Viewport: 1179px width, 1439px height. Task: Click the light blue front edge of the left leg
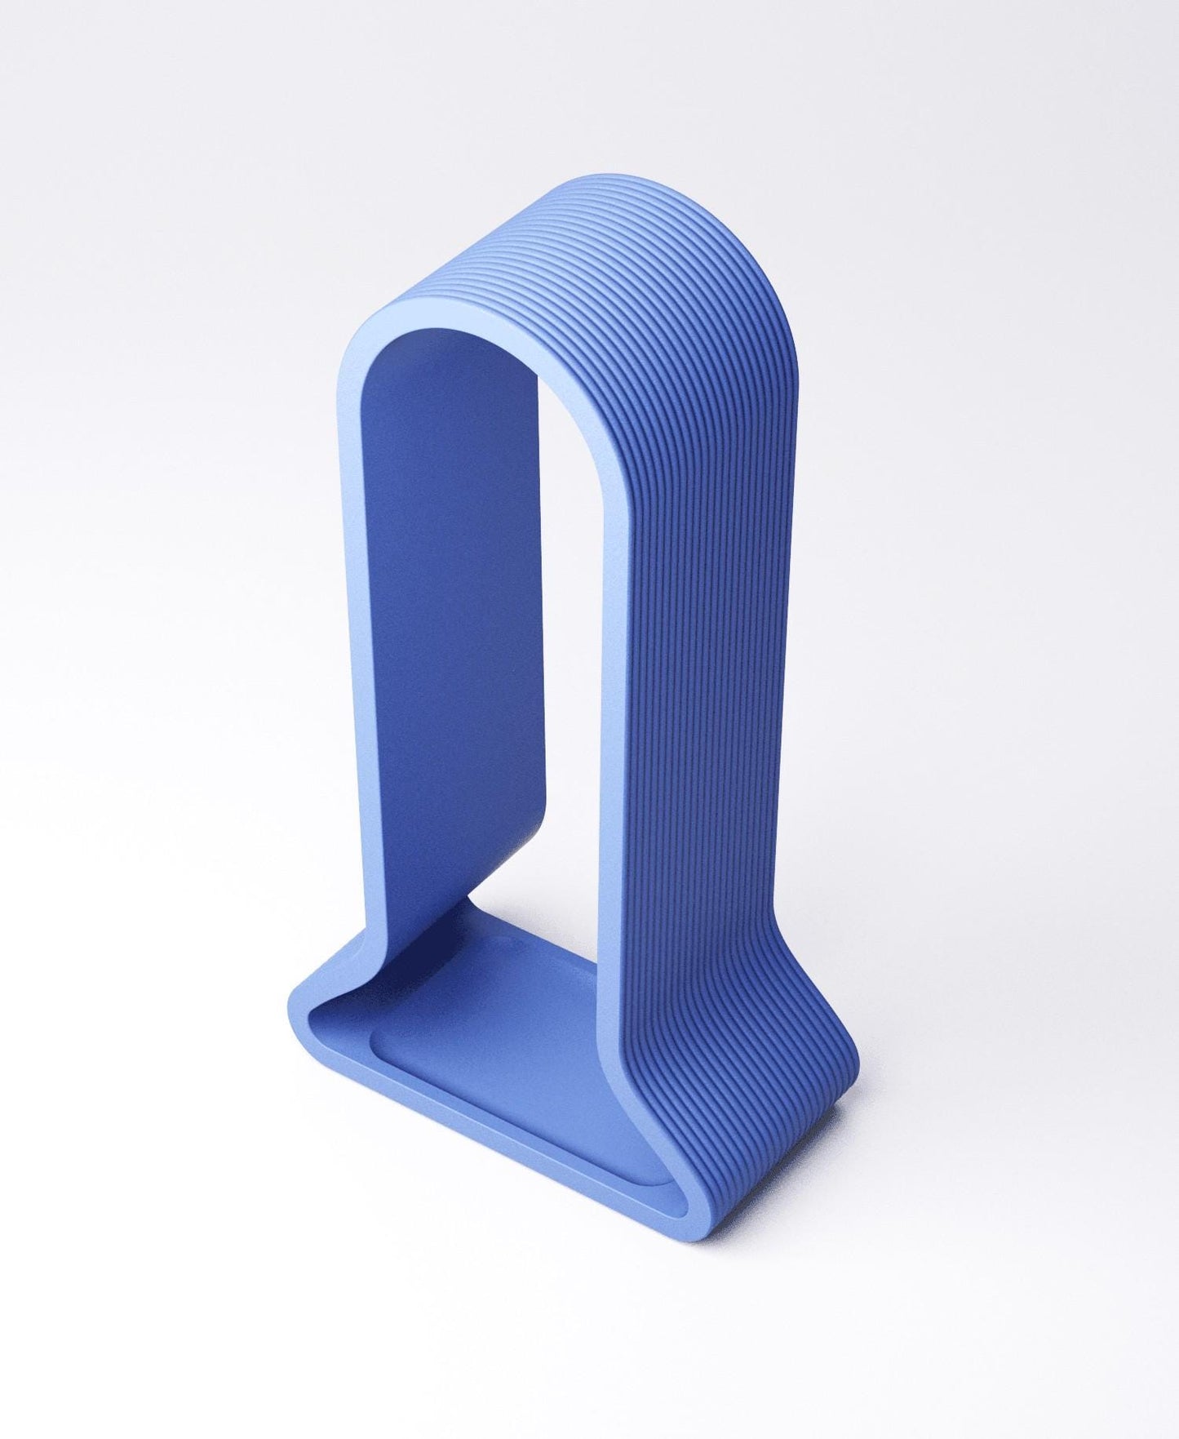point(352,653)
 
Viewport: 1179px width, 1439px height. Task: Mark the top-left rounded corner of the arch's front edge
point(359,343)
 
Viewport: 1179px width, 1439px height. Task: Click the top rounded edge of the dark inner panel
point(457,335)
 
